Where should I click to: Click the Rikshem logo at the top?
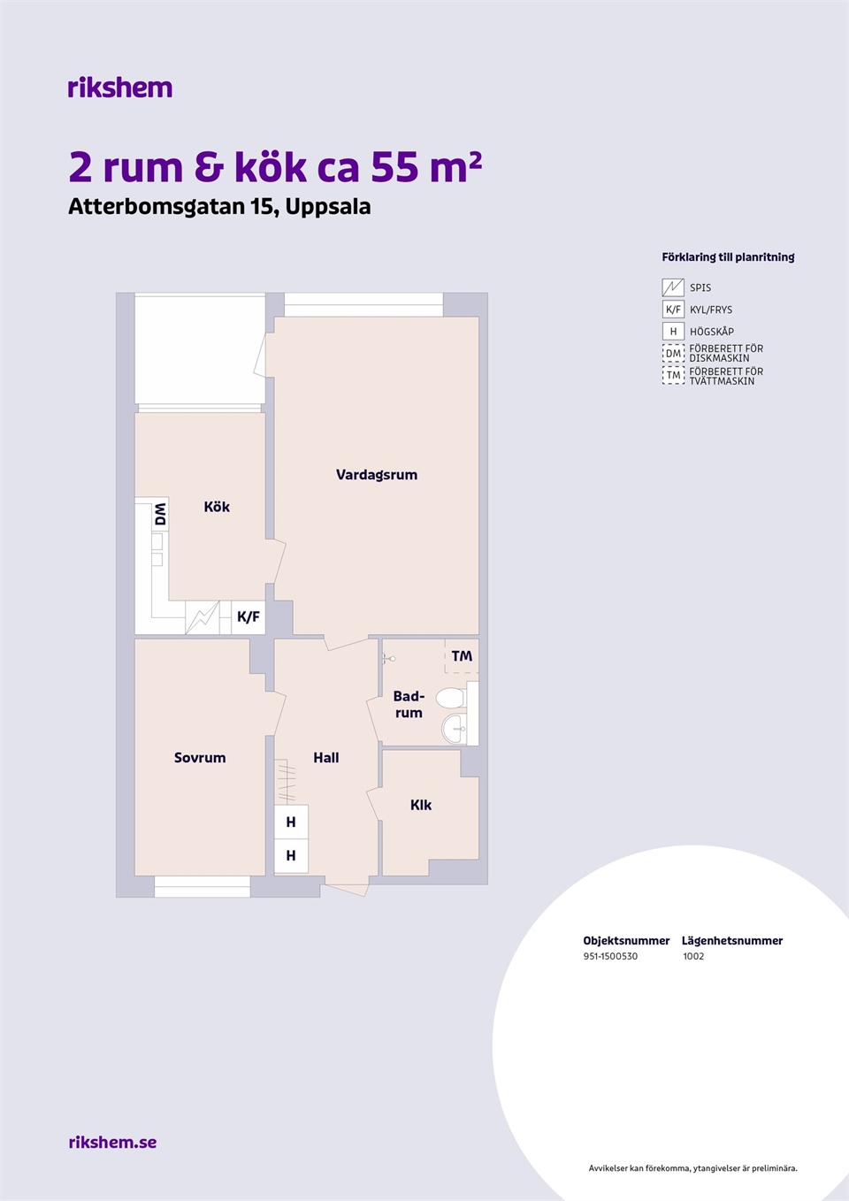point(120,88)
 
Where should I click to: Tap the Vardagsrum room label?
point(376,475)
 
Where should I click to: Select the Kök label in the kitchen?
point(217,507)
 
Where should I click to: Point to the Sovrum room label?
point(200,758)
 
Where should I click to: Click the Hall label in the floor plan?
point(325,758)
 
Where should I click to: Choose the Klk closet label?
point(421,805)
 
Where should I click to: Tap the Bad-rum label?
point(409,705)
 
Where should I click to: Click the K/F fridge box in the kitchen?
point(249,617)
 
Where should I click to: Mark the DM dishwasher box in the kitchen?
point(160,514)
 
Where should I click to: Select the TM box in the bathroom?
point(462,655)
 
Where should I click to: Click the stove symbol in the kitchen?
point(202,617)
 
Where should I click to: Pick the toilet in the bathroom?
point(450,698)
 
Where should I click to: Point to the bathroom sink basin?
point(455,729)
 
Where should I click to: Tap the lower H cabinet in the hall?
point(291,856)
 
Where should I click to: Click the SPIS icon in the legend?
point(673,287)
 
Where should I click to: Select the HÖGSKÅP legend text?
point(712,332)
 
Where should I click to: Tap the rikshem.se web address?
point(112,1142)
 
